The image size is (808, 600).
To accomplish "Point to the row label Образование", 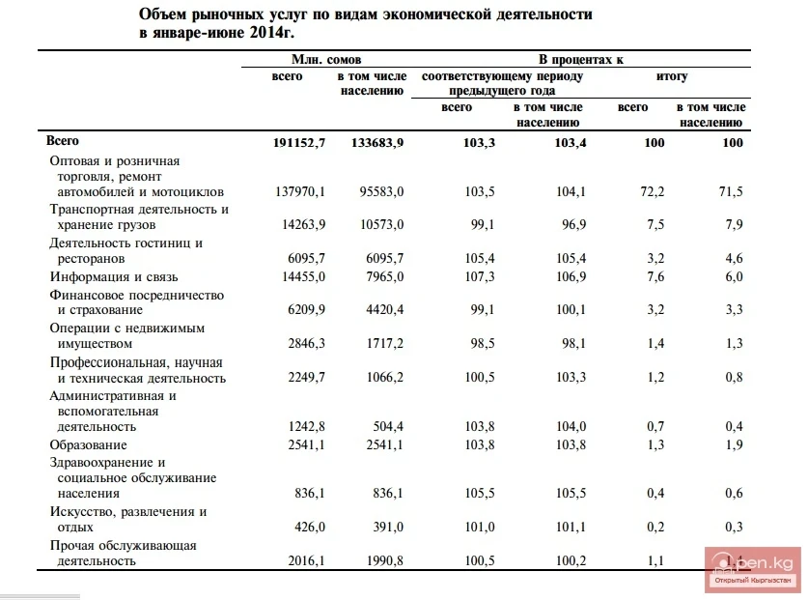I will (89, 444).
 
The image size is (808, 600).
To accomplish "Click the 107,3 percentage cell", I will (480, 276).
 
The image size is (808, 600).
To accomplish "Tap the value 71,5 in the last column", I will (730, 192).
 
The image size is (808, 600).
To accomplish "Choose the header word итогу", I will (671, 76).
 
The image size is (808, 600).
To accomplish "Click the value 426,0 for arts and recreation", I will (310, 528).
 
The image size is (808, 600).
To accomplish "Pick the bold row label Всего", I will (63, 141).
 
